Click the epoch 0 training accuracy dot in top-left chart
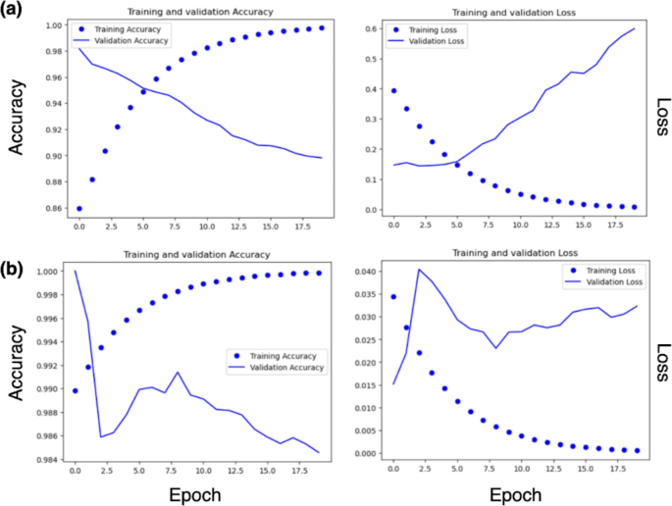point(78,208)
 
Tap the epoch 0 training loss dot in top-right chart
point(393,90)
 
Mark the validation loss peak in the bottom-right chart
point(419,269)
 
